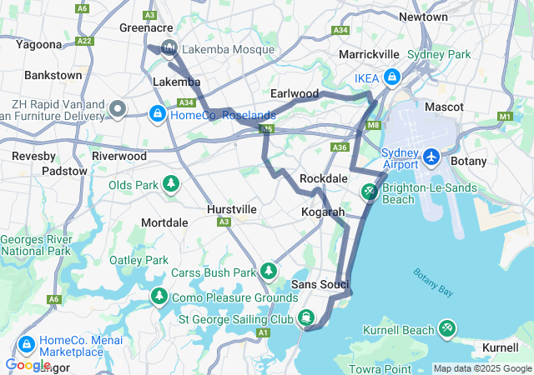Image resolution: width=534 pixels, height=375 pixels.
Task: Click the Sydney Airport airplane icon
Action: (431, 157)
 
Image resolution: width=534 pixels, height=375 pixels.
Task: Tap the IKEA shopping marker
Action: (391, 78)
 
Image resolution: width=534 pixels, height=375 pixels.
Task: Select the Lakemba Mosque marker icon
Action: (169, 49)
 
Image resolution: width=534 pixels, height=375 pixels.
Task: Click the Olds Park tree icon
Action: (171, 183)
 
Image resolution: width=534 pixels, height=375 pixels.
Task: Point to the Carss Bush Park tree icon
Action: (268, 272)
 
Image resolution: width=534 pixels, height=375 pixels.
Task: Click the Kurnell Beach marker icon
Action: (448, 330)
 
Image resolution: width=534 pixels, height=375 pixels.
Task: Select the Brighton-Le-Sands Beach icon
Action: (370, 193)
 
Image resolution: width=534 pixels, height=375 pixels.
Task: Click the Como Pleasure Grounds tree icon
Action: (159, 297)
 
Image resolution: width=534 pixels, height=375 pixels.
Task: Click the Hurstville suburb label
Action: (232, 210)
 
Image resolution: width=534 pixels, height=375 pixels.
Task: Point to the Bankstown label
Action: (53, 75)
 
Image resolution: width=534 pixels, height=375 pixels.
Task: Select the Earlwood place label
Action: (294, 93)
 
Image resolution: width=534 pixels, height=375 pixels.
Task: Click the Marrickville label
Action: (369, 54)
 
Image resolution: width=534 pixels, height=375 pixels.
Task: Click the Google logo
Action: (28, 365)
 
